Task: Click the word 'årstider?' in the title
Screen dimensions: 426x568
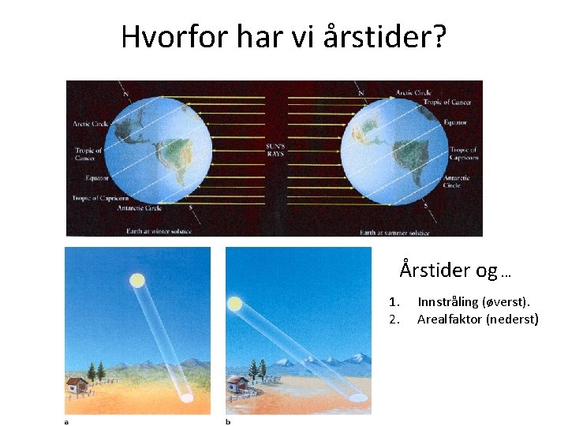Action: coord(385,36)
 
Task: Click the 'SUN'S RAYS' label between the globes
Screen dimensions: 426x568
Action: coord(275,150)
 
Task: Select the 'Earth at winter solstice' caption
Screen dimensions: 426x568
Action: coord(159,232)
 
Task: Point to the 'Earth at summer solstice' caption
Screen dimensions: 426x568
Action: coord(394,233)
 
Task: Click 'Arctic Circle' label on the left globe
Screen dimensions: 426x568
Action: coord(91,124)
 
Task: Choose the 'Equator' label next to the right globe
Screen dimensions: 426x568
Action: coord(456,123)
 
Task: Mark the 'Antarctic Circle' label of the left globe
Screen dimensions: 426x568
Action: coord(139,208)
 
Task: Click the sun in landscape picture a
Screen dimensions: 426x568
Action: coord(137,280)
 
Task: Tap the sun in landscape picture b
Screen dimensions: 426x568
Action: coord(234,304)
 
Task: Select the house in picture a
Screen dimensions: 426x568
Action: coord(77,385)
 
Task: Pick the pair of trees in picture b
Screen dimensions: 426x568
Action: coord(256,368)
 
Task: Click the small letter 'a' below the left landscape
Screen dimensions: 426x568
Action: coord(67,421)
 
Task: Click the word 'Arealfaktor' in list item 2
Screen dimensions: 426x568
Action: coord(449,319)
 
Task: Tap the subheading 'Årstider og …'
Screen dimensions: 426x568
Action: coord(455,271)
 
